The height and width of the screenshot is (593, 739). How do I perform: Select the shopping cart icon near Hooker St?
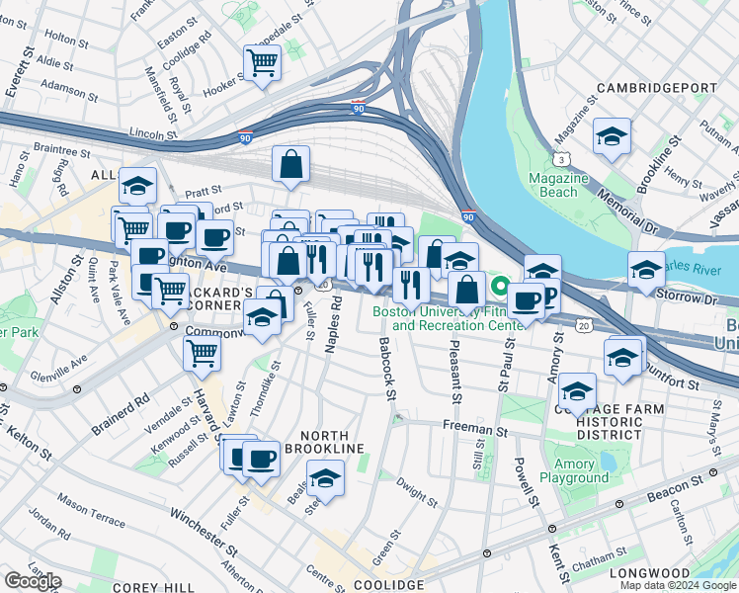click(263, 64)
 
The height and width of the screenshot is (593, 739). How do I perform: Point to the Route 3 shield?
click(560, 158)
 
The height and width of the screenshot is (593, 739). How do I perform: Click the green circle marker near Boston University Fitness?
click(501, 289)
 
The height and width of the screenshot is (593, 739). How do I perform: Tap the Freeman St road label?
click(474, 431)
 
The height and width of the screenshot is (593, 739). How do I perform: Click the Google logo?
click(33, 581)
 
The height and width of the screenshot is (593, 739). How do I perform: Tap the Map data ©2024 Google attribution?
click(677, 585)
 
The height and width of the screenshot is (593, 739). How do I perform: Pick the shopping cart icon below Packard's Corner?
click(203, 351)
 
